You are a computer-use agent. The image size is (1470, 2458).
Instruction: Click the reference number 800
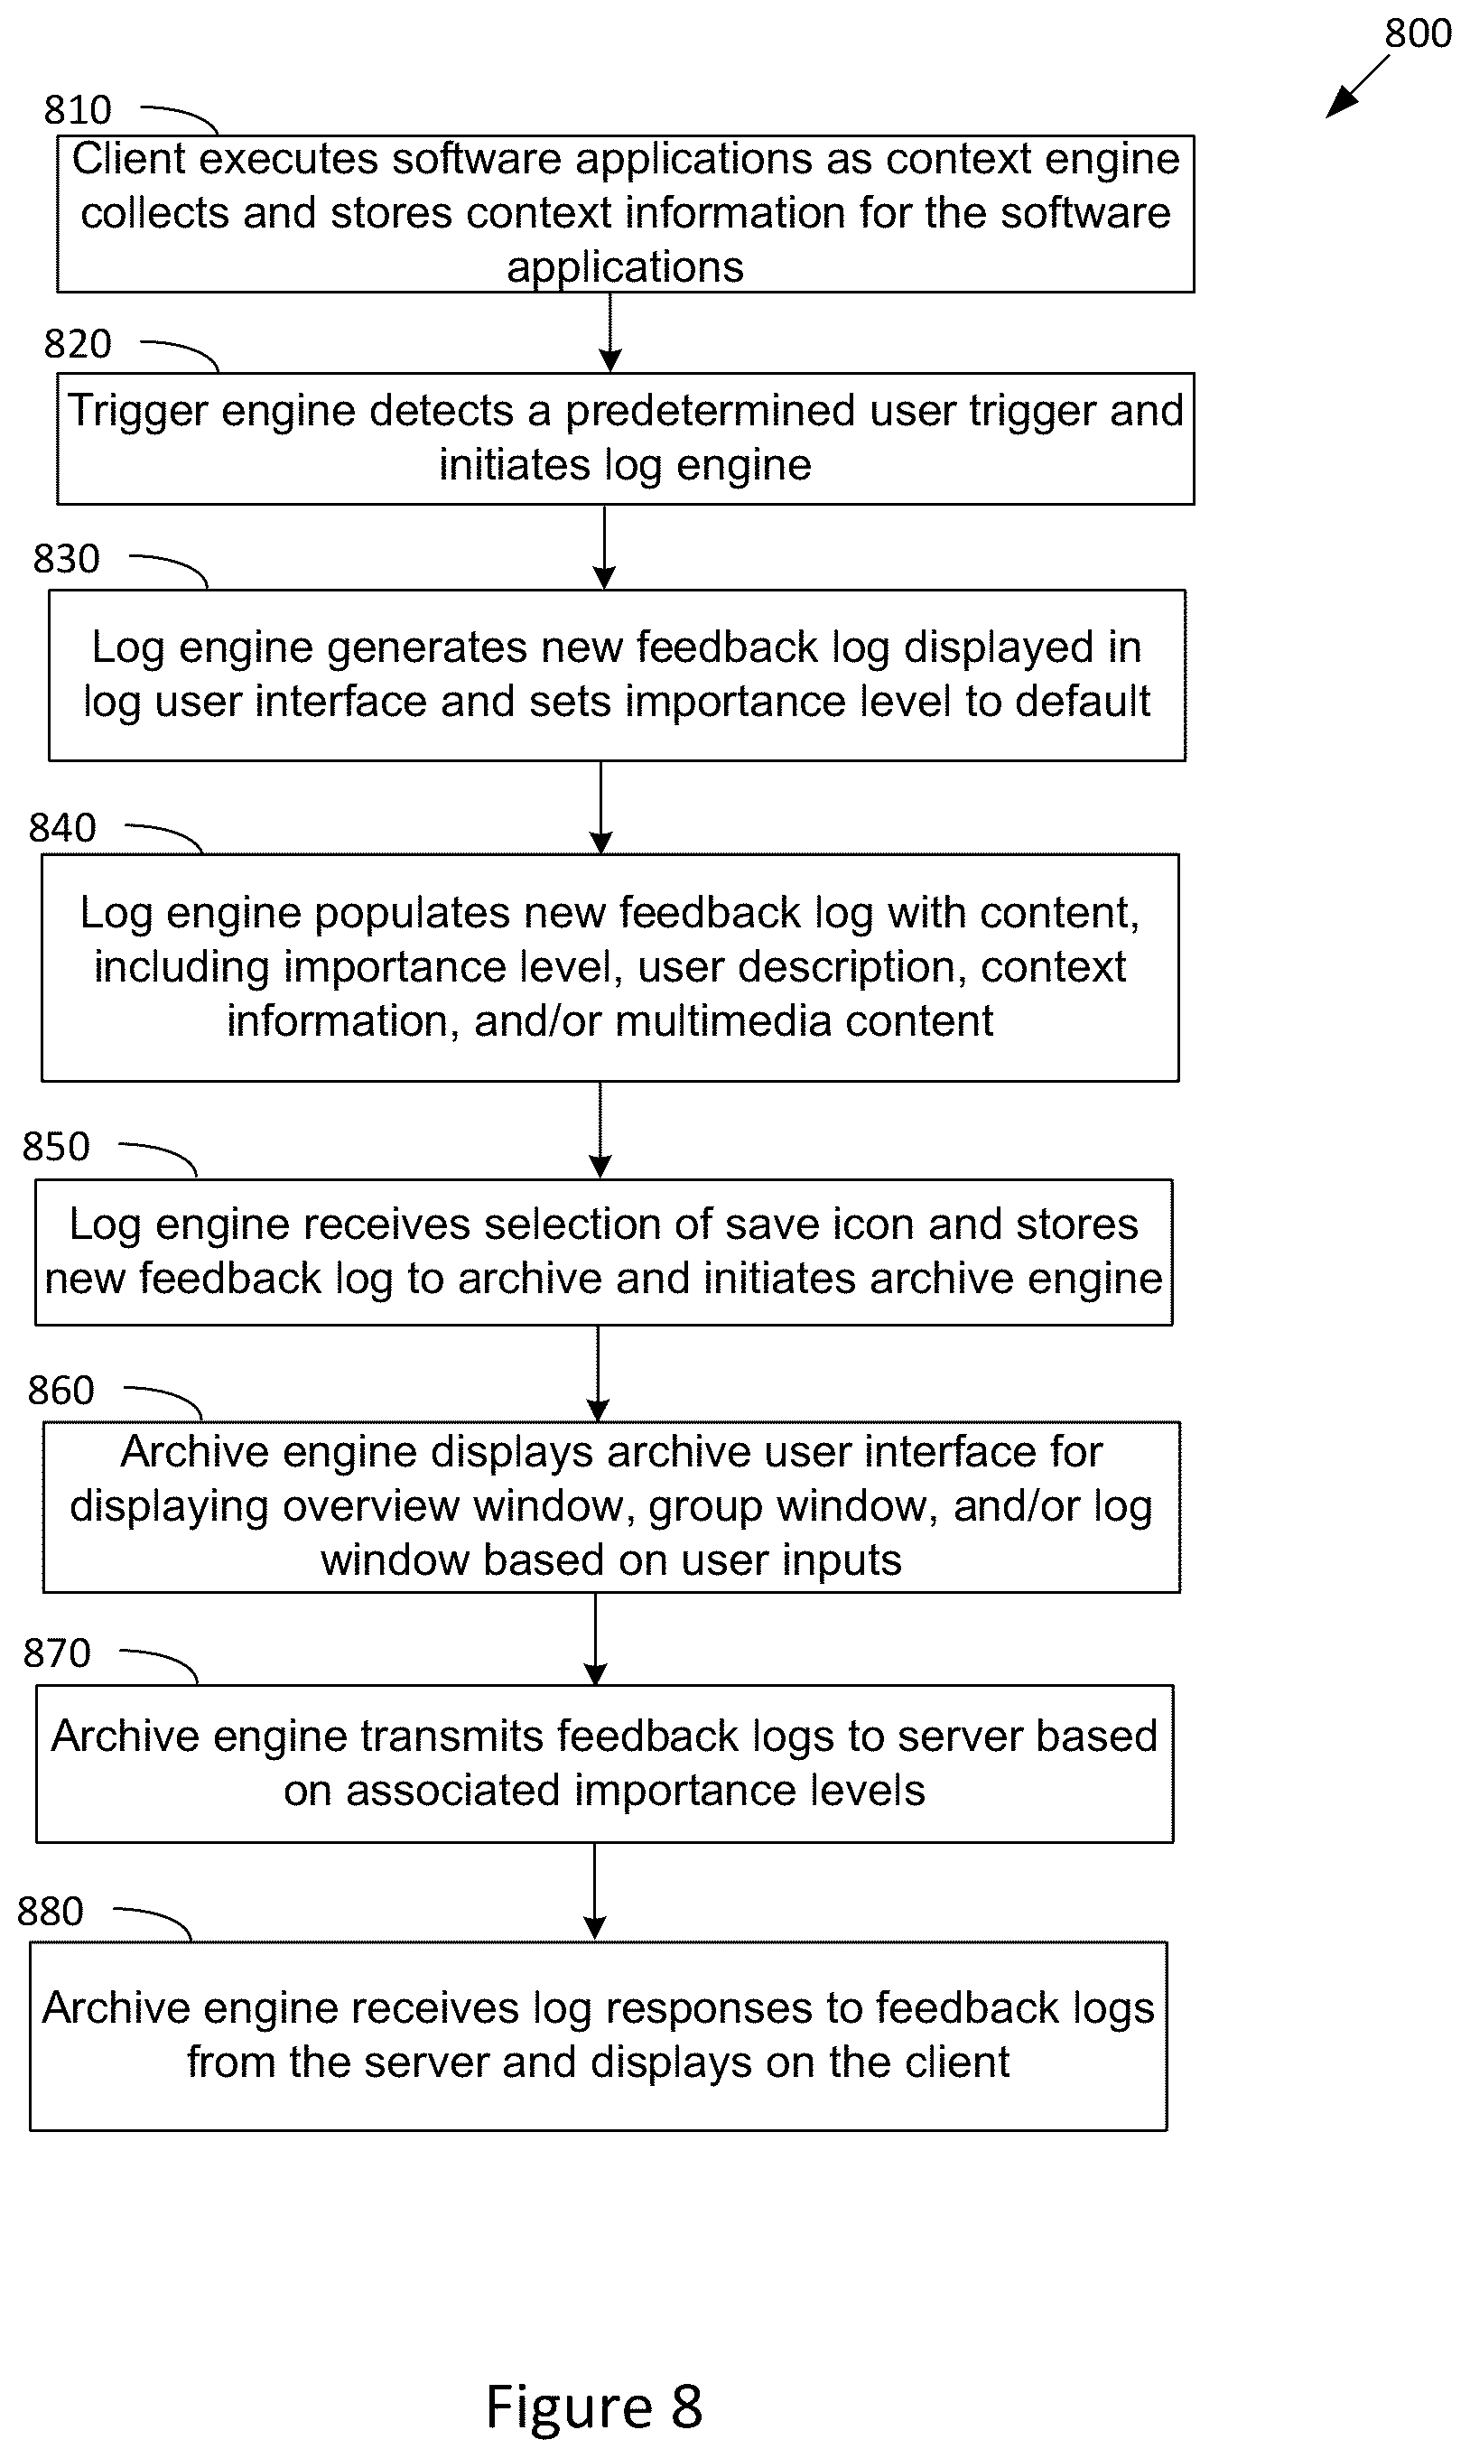pos(1418,33)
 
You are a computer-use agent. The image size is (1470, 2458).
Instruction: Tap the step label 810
pos(78,110)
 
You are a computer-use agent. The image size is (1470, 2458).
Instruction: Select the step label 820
pos(78,344)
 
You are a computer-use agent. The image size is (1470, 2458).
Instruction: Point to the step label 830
pos(67,559)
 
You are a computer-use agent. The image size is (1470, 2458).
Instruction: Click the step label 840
pos(62,828)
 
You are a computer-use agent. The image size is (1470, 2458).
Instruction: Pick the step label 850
pos(57,1147)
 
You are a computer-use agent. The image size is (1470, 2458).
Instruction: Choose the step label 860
pos(61,1391)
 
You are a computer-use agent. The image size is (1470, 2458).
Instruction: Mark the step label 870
pos(58,1653)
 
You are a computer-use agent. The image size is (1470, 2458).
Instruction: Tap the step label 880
pos(51,1912)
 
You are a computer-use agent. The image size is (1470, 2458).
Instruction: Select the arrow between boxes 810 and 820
pos(610,332)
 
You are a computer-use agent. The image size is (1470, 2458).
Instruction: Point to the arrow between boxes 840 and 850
pos(600,1130)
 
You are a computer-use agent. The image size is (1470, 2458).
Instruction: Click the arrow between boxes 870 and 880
pos(594,1891)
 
